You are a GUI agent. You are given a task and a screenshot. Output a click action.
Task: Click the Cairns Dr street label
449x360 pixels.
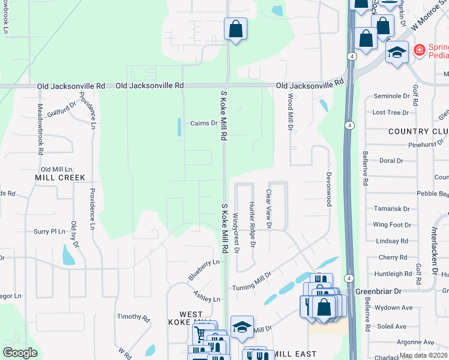pos(204,124)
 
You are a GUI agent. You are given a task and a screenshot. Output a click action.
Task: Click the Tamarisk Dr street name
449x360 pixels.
pos(391,209)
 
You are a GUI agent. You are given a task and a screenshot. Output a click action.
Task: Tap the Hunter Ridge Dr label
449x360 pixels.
pos(253,225)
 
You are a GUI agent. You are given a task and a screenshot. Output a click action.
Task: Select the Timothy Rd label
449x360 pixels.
pos(133,316)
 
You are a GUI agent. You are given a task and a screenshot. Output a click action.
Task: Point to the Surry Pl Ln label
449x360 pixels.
pos(49,231)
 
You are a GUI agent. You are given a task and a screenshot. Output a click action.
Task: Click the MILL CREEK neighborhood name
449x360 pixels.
pos(60,178)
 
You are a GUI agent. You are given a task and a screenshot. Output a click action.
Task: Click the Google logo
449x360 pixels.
pos(20,353)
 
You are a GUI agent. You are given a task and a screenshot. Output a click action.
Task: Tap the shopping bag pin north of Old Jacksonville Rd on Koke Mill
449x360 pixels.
pos(235,29)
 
